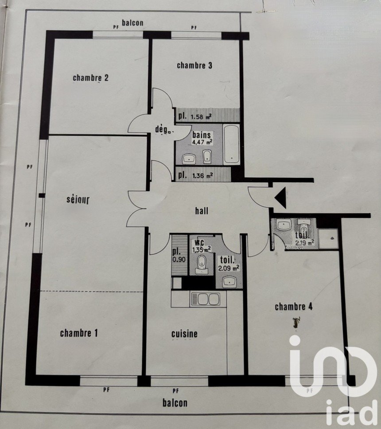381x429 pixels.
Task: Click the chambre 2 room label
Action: pos(90,78)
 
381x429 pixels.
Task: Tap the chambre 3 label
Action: pos(194,65)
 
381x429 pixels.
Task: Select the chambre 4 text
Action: pos(294,307)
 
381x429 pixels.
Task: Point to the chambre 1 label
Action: pos(79,333)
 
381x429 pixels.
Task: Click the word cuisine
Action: pos(184,334)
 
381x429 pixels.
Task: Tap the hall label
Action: pos(202,211)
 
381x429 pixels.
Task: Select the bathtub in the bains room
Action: pos(232,145)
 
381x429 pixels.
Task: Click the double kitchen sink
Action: pos(205,299)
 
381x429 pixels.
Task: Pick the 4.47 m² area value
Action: pos(202,142)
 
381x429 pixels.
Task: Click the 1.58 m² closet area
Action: pos(201,117)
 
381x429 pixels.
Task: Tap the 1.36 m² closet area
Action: pos(202,176)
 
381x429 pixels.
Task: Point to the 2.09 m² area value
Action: pos(229,268)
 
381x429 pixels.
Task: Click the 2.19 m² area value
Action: pos(304,242)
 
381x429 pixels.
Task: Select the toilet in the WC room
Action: pos(202,265)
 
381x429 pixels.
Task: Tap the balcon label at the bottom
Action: pos(175,403)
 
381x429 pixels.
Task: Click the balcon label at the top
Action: pos(132,23)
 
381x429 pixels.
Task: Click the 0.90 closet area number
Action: pos(179,260)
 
